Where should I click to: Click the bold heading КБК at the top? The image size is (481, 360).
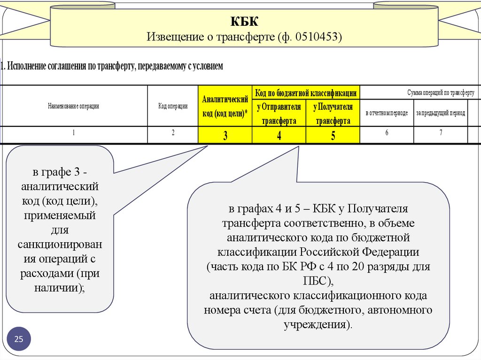tap(244, 22)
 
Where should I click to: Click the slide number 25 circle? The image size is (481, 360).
tap(19, 339)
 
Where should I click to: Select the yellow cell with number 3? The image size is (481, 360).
tap(225, 136)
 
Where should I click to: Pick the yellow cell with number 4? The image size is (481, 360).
tap(279, 136)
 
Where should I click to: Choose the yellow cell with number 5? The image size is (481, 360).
tap(333, 136)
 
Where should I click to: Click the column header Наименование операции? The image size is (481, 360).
tap(74, 106)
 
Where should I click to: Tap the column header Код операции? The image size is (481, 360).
tap(173, 106)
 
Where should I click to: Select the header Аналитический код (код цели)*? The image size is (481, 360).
tap(225, 106)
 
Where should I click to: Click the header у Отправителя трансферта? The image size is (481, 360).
tap(279, 113)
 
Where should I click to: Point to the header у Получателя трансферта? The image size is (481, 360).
tap(333, 113)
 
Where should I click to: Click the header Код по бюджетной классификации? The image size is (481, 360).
tap(305, 93)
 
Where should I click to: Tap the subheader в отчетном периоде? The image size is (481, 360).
tap(387, 114)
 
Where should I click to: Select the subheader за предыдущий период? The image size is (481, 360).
tap(441, 114)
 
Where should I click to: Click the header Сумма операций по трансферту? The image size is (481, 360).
tap(441, 93)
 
